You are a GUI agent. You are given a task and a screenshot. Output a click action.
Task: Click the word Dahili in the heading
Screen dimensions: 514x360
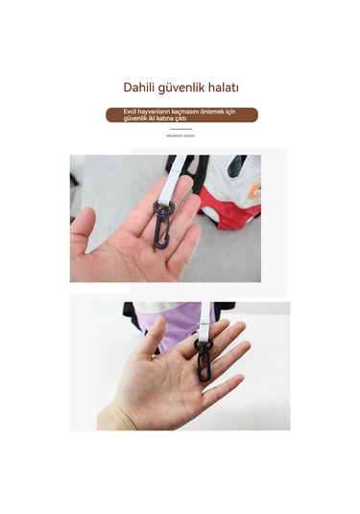[141, 87]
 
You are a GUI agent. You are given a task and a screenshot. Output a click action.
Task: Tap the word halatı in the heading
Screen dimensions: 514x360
[223, 87]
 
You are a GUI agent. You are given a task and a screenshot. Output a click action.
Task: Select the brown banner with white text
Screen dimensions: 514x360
[180, 114]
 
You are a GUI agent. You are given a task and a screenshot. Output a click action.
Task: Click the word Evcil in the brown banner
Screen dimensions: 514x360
[131, 110]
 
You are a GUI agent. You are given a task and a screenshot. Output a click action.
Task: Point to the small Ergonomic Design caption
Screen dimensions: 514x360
[180, 136]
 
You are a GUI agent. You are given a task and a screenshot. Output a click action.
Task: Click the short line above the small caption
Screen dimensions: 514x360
[180, 129]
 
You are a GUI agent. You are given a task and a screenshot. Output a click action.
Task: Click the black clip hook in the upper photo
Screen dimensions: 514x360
[158, 231]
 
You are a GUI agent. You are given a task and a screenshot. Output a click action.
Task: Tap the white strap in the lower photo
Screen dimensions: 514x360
[206, 317]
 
